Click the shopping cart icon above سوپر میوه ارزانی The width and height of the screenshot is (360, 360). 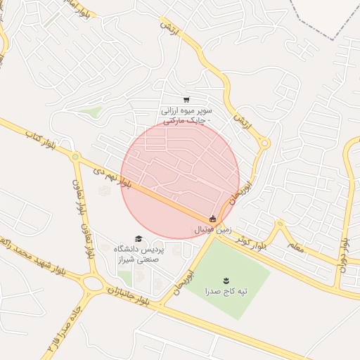pyautogui.click(x=186, y=100)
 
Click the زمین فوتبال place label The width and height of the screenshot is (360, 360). pyautogui.click(x=212, y=230)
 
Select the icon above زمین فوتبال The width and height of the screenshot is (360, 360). pyautogui.click(x=213, y=219)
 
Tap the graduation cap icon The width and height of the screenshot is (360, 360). pyautogui.click(x=139, y=239)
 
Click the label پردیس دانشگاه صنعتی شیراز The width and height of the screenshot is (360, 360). pyautogui.click(x=139, y=255)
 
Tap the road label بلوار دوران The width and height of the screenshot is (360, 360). pyautogui.click(x=345, y=251)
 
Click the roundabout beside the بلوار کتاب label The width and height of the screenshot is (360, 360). pyautogui.click(x=75, y=157)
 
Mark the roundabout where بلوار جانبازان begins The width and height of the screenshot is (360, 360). pyautogui.click(x=91, y=285)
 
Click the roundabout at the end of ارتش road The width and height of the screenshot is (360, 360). pyautogui.click(x=265, y=143)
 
